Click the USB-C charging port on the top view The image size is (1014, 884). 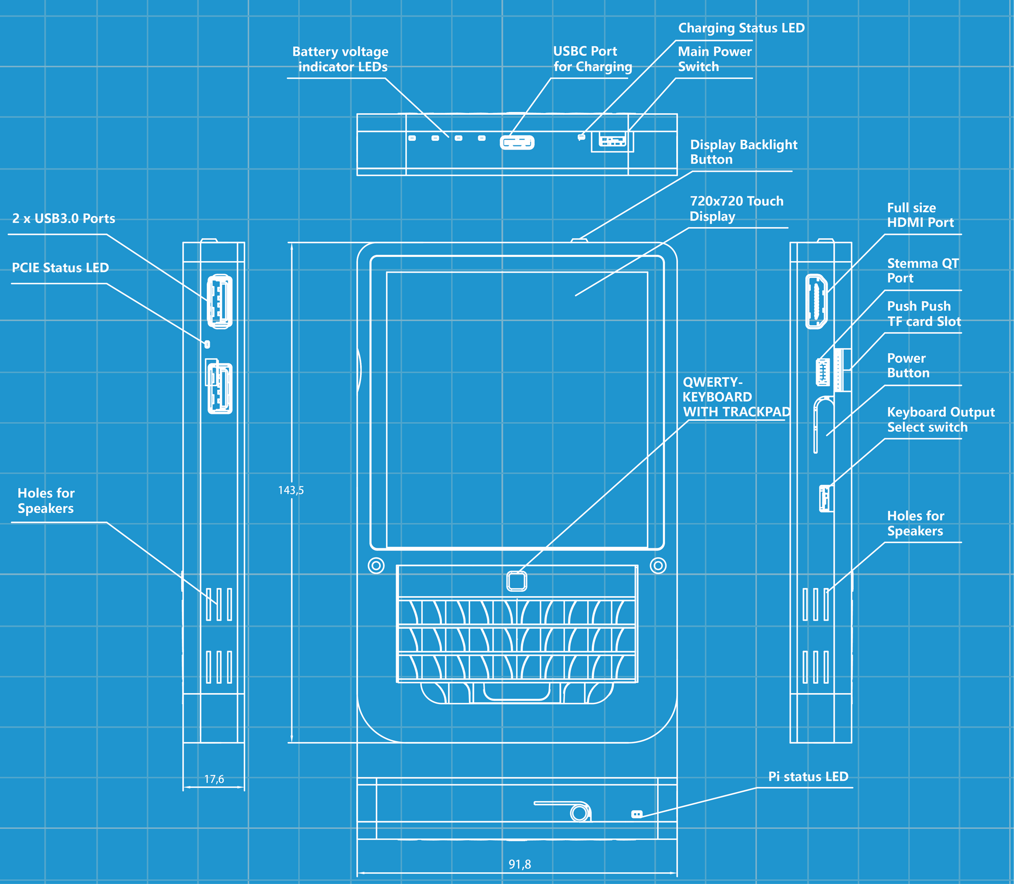[x=517, y=142]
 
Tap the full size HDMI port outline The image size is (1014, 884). [x=816, y=302]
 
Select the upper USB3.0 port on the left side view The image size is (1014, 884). [x=219, y=302]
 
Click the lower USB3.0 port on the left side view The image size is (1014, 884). [x=219, y=388]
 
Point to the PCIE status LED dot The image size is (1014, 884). [x=207, y=345]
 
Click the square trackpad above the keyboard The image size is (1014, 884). [x=516, y=581]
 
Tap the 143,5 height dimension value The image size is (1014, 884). [x=291, y=490]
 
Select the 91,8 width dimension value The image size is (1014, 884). [x=520, y=865]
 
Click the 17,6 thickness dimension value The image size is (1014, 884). [x=214, y=779]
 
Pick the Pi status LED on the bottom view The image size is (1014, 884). [x=637, y=814]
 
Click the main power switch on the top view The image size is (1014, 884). [x=612, y=140]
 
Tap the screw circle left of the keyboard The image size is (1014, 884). [x=376, y=566]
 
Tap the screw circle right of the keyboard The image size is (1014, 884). [x=658, y=566]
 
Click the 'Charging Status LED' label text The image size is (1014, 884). [x=741, y=28]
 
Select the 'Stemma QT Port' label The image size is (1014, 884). [x=923, y=271]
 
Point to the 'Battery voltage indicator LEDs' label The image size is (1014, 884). [x=341, y=59]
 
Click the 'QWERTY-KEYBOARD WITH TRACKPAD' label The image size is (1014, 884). [x=736, y=397]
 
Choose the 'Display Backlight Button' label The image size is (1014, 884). [x=743, y=152]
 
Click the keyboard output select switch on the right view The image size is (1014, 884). [x=825, y=499]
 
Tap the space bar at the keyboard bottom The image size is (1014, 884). [x=516, y=692]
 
